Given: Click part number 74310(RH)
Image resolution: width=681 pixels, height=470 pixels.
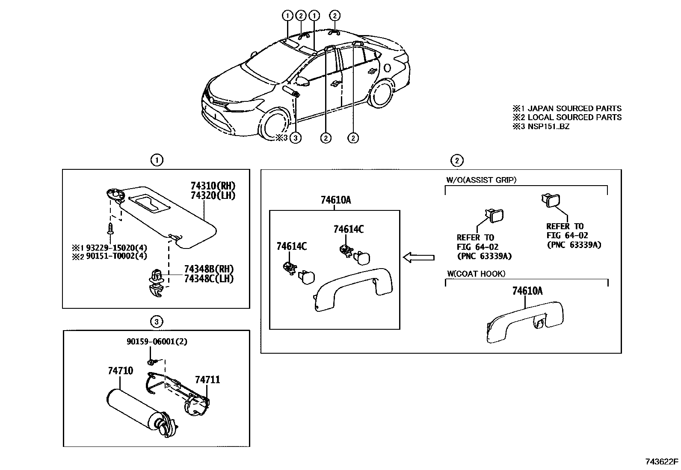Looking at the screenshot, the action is point(213,186).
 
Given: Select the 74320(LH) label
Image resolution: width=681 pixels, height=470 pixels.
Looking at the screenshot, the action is point(213,195).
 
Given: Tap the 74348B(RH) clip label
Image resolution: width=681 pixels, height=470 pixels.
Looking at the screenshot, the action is point(209,269).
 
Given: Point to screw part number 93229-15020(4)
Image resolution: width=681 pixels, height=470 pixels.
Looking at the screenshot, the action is point(116,248).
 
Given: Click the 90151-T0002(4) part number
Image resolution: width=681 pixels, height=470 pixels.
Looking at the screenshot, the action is point(116,256).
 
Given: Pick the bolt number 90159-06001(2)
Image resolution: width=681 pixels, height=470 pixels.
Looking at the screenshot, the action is point(157,342).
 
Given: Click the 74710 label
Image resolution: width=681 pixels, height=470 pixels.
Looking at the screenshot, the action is point(120,371).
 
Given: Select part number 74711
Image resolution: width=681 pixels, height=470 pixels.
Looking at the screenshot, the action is point(207,380).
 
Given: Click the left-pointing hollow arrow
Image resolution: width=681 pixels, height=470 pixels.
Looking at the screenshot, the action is point(419,257).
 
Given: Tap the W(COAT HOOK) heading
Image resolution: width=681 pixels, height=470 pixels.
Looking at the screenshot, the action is point(476,274).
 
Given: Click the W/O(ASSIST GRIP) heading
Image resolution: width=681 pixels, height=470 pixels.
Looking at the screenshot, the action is point(481,180).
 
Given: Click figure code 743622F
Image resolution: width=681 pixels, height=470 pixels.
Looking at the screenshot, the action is point(662,461).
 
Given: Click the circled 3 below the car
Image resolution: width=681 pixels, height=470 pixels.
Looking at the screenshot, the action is point(296,138).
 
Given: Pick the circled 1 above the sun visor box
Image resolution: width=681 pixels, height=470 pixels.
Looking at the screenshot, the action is point(157,160).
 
